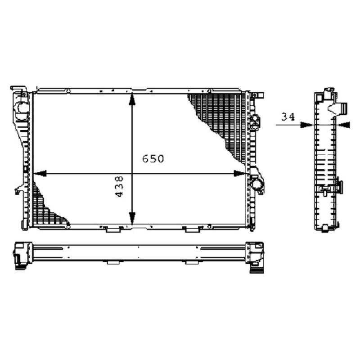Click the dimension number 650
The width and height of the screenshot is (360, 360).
coord(153,159)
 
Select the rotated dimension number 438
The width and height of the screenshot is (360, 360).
coord(120,186)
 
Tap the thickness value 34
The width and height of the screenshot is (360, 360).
coord(288,117)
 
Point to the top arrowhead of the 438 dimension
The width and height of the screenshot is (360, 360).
coord(131,99)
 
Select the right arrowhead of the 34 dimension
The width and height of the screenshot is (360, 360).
coord(344,125)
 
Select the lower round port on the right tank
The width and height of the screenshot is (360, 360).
coord(257,184)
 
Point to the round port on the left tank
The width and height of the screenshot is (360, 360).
coord(20,108)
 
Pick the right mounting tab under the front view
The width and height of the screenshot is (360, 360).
coord(193,229)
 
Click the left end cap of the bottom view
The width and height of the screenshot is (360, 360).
coord(22,256)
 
